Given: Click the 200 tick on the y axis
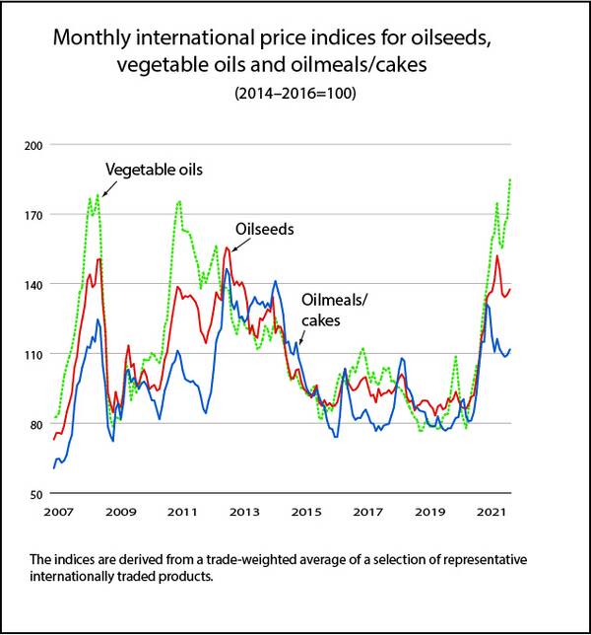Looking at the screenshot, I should (34, 145).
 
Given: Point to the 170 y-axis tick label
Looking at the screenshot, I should (34, 215).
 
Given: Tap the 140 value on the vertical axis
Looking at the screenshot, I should (34, 284).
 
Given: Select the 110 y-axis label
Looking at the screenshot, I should (34, 354).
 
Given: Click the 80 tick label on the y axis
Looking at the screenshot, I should (36, 424).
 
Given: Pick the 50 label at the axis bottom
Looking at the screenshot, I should (36, 494).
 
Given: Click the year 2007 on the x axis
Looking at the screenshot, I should (56, 514).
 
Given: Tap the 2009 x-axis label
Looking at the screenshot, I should (120, 514).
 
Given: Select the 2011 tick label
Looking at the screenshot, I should (183, 514).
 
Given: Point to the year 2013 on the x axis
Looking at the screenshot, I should (245, 514).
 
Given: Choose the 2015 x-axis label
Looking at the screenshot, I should (308, 514).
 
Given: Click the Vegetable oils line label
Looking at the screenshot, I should (154, 170).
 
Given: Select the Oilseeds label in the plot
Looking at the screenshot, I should (264, 228).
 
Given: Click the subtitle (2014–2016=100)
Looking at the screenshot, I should (295, 95).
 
